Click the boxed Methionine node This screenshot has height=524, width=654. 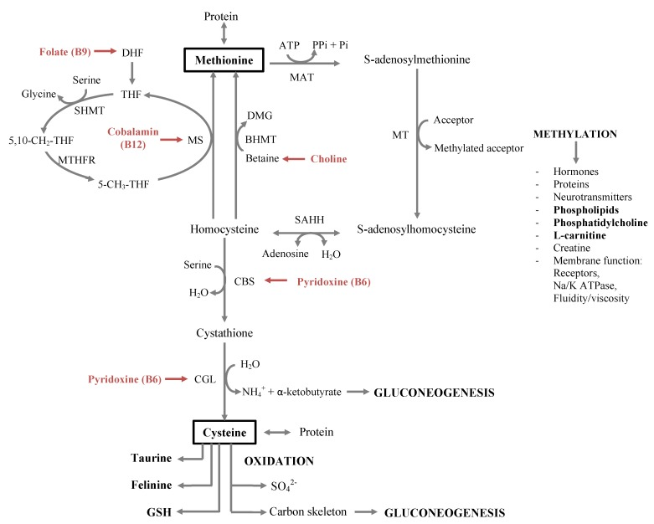click(224, 60)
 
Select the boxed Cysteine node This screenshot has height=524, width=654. click(224, 432)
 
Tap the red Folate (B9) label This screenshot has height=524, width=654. click(65, 52)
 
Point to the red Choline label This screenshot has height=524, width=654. click(328, 159)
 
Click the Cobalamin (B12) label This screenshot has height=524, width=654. click(133, 138)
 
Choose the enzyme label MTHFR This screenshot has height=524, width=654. click(77, 160)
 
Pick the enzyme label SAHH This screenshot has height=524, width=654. click(309, 219)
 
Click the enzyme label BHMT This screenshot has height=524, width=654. click(260, 139)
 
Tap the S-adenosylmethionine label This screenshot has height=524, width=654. click(417, 59)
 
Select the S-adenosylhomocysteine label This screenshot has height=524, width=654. click(416, 229)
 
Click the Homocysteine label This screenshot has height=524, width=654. click(224, 229)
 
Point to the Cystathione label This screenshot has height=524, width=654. click(224, 333)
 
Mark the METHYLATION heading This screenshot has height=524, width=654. click(575, 134)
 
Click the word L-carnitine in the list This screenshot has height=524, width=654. click(579, 235)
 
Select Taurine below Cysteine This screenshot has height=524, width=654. click(152, 458)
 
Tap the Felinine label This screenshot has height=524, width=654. click(152, 485)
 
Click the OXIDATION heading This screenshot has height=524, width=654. click(279, 461)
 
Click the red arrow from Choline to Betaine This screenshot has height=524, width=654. click(294, 159)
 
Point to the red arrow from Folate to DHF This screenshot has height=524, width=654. click(106, 51)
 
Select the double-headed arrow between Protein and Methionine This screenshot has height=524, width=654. click(224, 34)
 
